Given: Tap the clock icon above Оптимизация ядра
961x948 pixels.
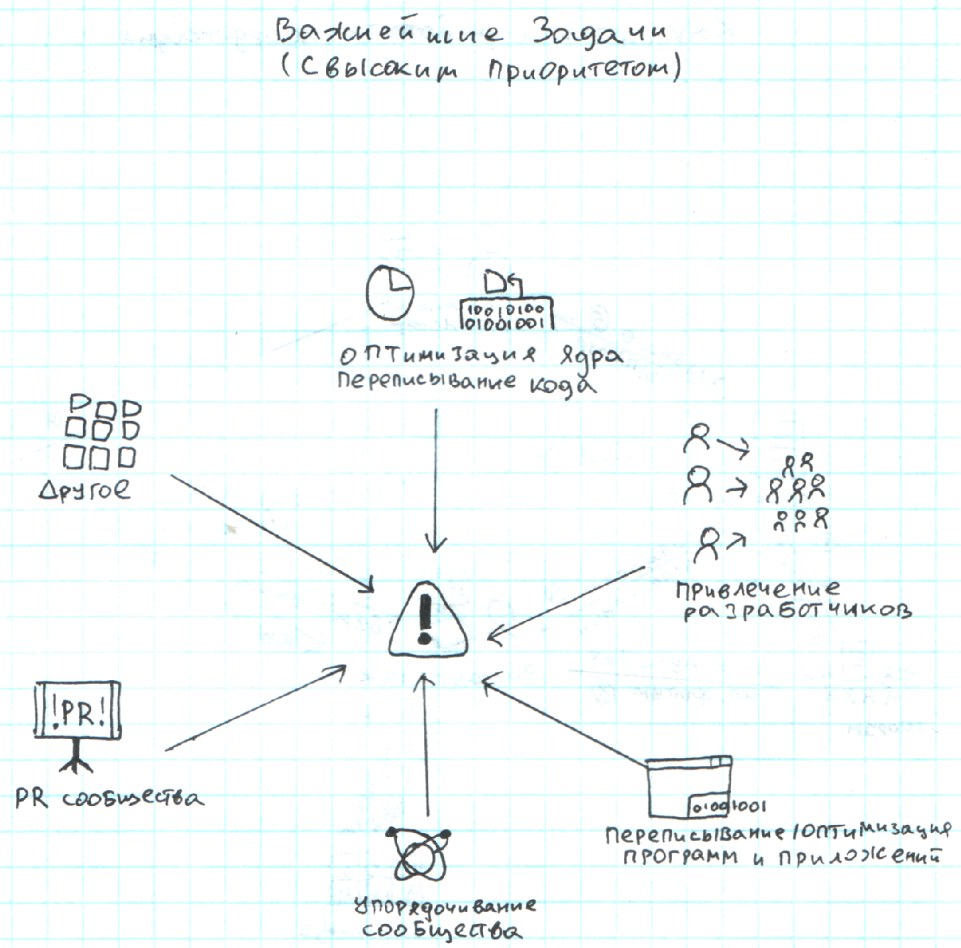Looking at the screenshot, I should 389,293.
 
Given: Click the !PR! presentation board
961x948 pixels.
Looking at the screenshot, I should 77,711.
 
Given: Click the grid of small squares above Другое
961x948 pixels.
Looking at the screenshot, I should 102,432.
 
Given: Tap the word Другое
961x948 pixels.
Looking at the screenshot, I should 85,490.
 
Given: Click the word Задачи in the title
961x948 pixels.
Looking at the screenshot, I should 599,32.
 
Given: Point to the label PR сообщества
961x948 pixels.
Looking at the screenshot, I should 109,799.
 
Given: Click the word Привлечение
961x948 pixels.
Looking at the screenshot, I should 757,589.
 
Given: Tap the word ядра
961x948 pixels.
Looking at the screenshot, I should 592,355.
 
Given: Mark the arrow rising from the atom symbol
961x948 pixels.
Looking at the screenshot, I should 426,746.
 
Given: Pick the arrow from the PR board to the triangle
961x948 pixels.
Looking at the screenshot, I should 256,708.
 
